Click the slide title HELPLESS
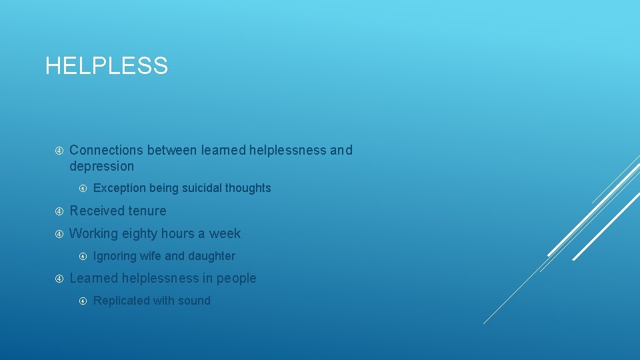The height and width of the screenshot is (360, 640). click(x=107, y=66)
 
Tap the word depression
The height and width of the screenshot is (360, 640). click(x=101, y=166)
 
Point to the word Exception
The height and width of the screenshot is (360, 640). click(x=119, y=188)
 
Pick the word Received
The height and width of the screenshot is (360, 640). click(x=93, y=211)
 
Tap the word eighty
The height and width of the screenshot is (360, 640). click(x=139, y=233)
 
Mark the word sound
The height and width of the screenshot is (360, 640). click(x=194, y=301)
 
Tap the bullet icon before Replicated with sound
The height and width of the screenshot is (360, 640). click(x=83, y=301)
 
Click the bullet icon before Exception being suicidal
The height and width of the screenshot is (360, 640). click(x=83, y=189)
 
